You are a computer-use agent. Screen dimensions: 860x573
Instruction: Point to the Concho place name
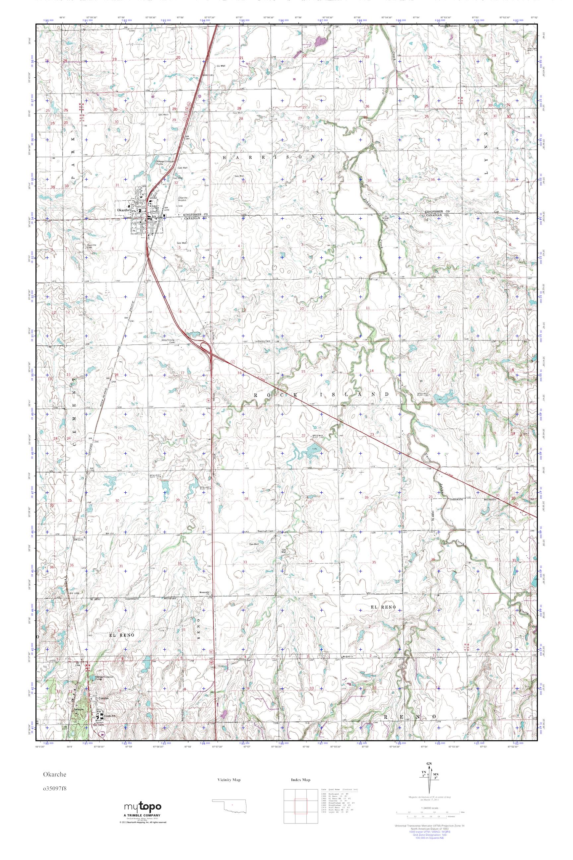tap(103, 698)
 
